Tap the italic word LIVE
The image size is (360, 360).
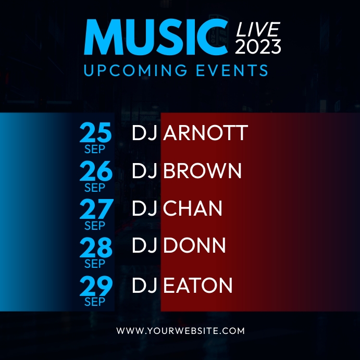pos(258,30)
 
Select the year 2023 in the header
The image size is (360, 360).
pos(258,47)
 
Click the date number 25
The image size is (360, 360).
pos(95,133)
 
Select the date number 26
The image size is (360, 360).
pos(95,171)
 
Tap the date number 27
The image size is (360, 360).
pos(95,209)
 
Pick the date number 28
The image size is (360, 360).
pos(95,247)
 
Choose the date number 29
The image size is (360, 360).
pos(95,285)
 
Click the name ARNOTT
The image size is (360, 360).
pos(205,133)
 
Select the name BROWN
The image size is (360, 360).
pos(203,171)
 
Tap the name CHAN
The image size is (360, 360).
pos(193,209)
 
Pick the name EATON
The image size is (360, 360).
pos(197,285)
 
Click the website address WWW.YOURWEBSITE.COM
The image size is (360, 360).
pos(180,331)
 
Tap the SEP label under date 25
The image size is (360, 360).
pos(95,150)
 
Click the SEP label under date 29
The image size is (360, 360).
pos(95,302)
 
